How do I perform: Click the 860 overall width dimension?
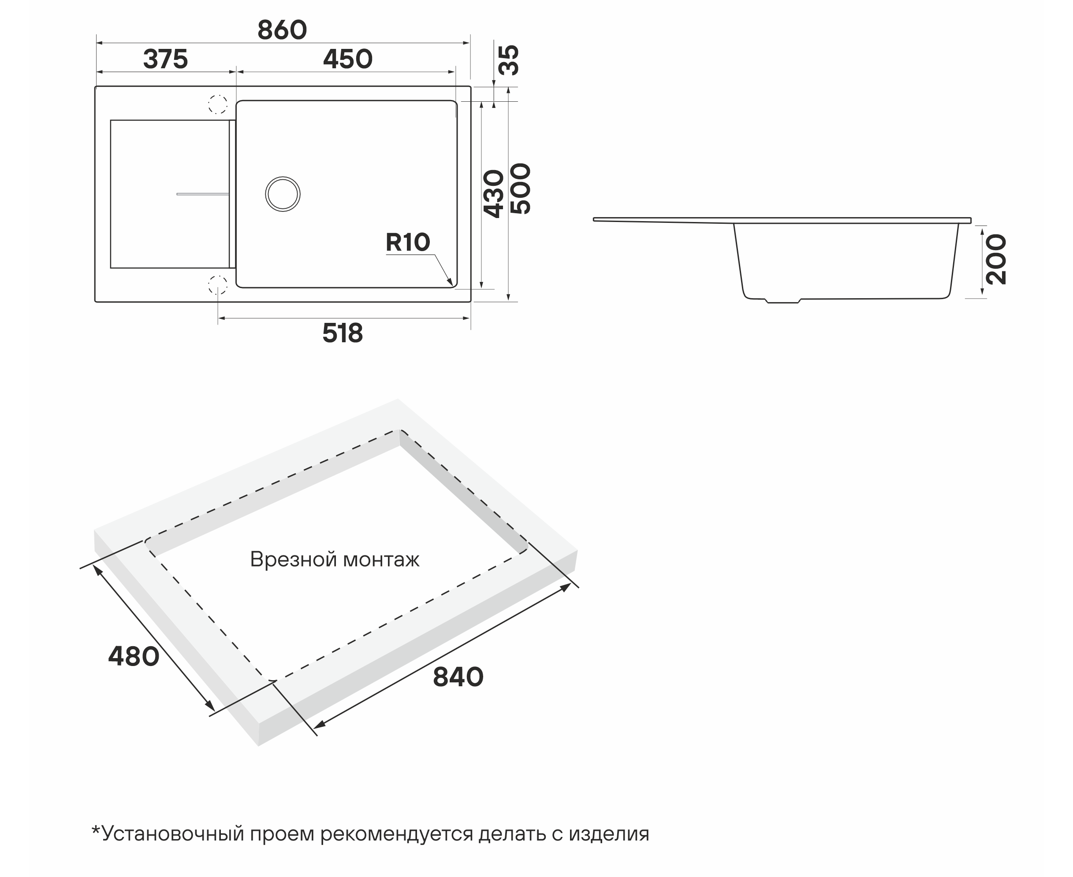(282, 30)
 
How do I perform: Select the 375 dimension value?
(165, 59)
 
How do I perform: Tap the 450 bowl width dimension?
(348, 59)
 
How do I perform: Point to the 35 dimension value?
(509, 60)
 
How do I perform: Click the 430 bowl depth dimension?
(494, 194)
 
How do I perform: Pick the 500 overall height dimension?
(520, 189)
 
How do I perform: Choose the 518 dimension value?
(343, 333)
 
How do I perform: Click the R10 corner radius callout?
(408, 243)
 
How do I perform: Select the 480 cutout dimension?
(134, 657)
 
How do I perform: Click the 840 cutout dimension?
(458, 677)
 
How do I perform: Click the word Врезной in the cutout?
(293, 560)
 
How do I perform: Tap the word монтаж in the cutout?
(381, 560)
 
